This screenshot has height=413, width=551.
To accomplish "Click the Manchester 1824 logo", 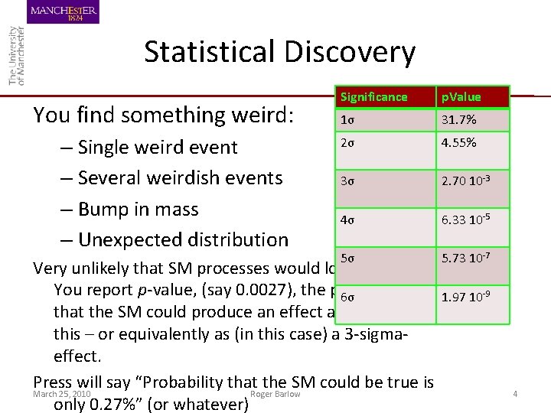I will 64,12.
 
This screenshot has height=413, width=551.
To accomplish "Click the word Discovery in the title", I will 350,52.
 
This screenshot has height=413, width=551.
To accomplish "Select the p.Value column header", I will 460,97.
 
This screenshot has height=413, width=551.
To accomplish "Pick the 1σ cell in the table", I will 347,120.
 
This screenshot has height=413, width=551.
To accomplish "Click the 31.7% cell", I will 458,120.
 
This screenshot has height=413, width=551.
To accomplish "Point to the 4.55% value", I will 458,143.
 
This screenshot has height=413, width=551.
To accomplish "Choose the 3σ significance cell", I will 347,181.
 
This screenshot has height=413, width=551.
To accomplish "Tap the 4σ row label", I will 347,220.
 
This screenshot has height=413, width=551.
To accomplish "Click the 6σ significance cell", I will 347,297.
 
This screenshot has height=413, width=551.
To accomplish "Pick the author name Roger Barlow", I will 275,394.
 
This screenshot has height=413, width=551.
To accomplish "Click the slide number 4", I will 515,394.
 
